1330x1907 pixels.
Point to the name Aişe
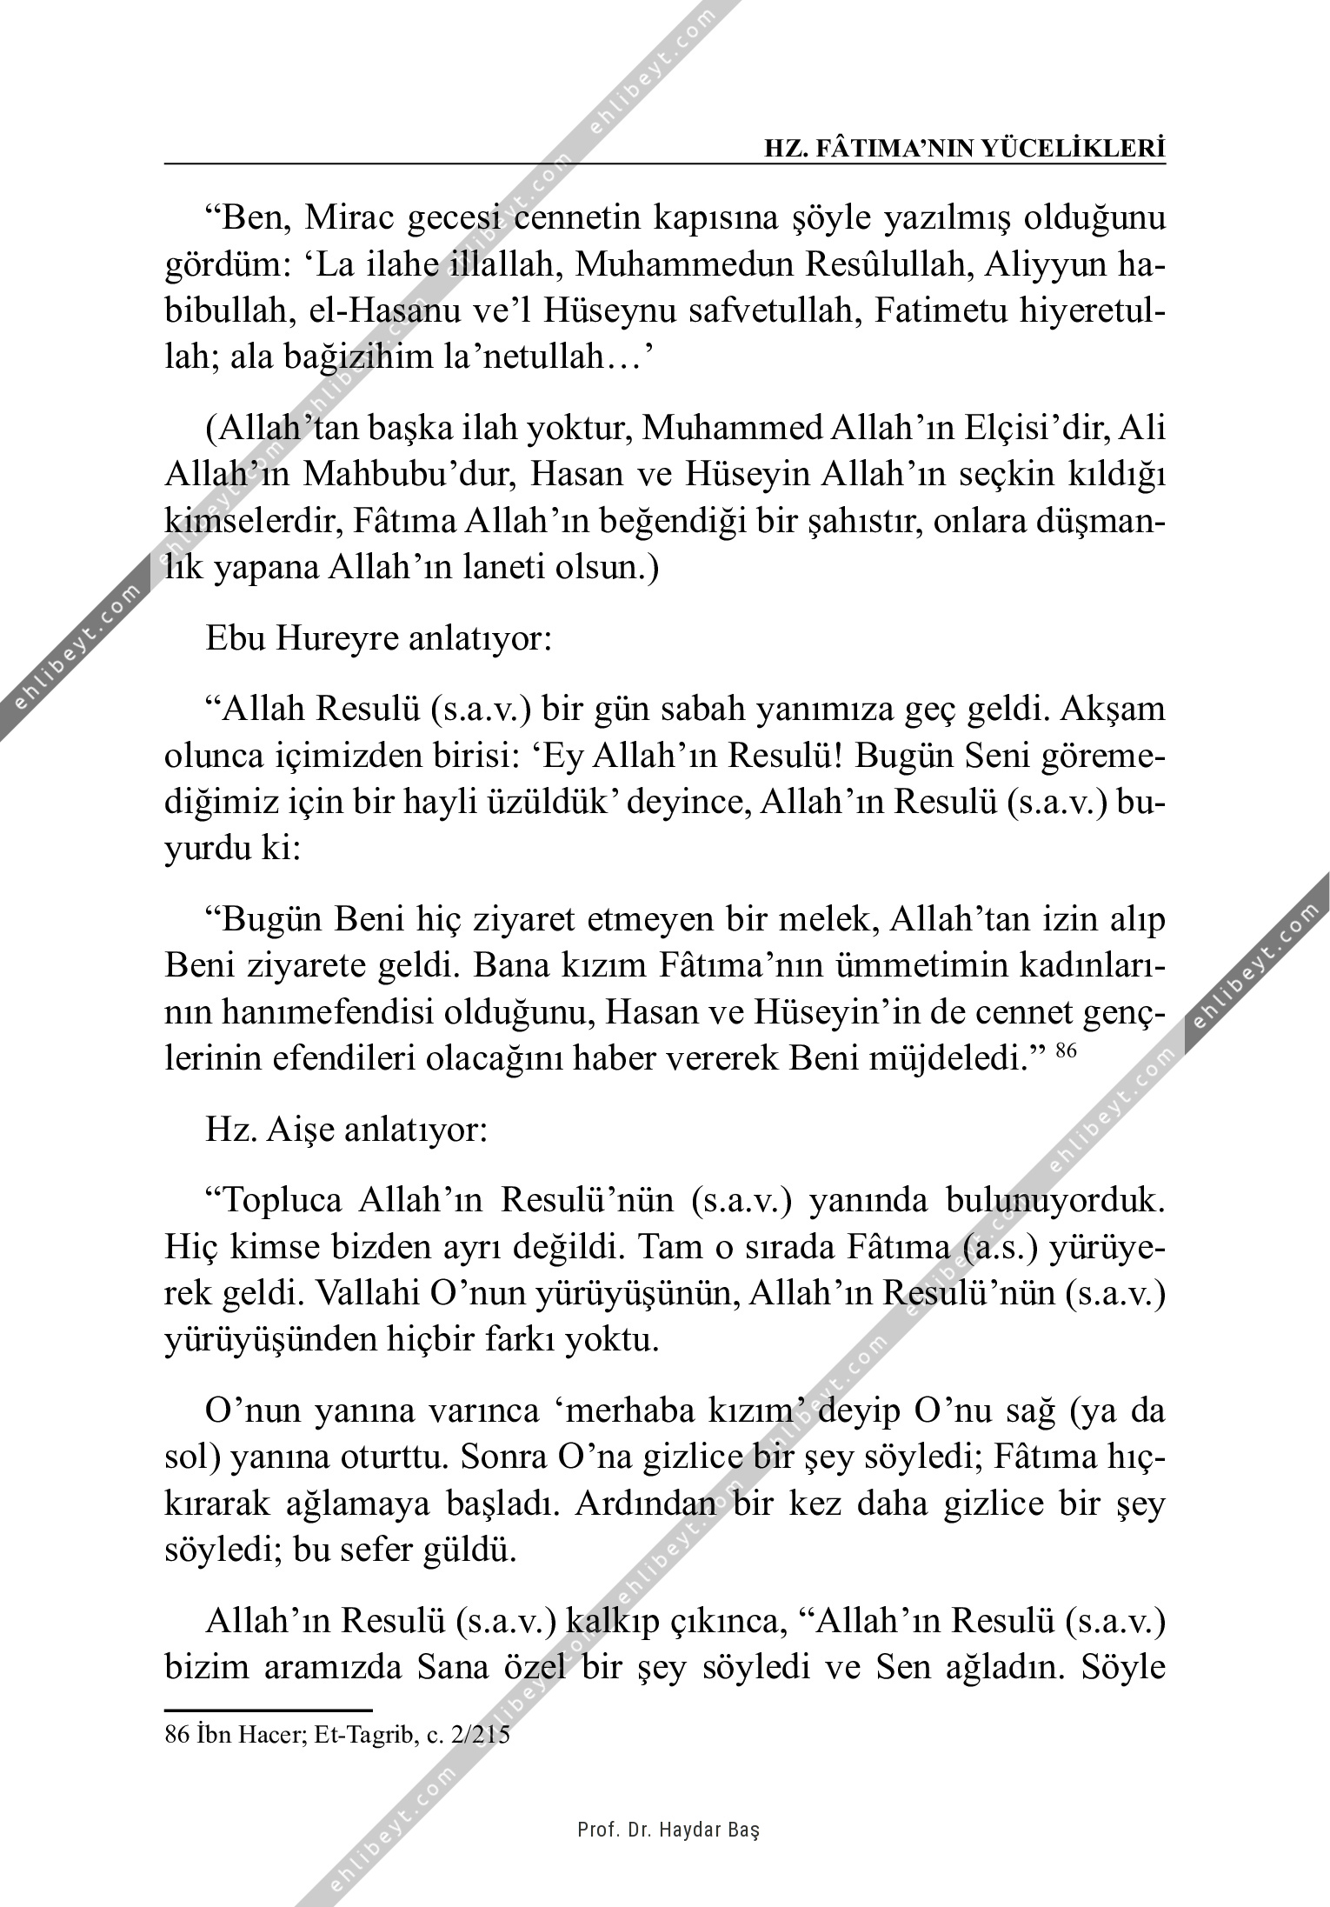pyautogui.click(x=297, y=1130)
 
